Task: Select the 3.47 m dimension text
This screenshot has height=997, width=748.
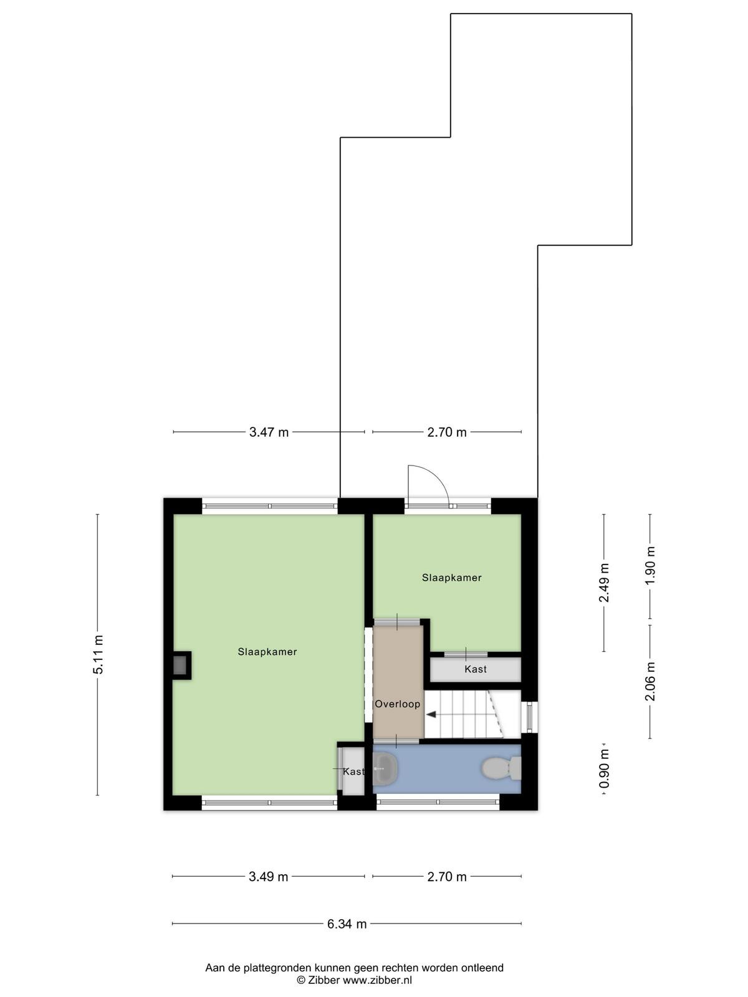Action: coord(269,432)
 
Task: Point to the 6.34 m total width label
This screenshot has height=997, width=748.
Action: coord(347,924)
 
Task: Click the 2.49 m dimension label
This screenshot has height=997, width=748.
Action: coord(604,583)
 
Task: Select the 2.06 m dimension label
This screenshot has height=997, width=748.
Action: coord(650,681)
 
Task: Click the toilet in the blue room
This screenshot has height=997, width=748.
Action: coord(501,768)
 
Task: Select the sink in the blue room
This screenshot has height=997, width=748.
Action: coord(385,768)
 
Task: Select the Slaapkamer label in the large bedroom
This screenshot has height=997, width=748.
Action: coord(267,652)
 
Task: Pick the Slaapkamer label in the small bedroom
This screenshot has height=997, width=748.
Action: coord(452,578)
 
